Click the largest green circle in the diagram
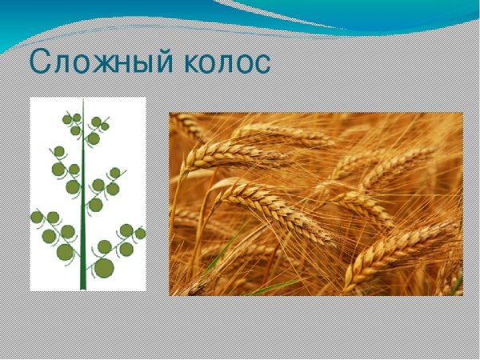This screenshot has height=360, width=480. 104,267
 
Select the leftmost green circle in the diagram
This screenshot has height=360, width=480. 37,217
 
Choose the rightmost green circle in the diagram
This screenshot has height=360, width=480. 140,233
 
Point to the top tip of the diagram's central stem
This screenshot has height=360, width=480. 82,101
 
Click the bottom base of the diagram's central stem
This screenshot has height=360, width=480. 82,287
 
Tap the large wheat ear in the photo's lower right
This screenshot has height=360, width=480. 400,248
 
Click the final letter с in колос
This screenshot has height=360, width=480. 262,64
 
